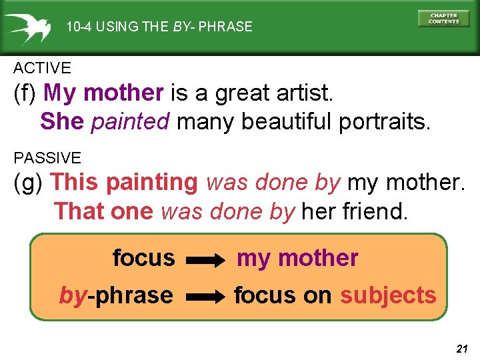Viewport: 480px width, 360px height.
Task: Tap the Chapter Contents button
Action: pyautogui.click(x=443, y=18)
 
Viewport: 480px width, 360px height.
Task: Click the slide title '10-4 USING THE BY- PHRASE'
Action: pyautogui.click(x=159, y=27)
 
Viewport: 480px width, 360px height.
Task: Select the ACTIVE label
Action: pyautogui.click(x=42, y=68)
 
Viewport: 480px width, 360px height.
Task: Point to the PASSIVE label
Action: pyautogui.click(x=47, y=158)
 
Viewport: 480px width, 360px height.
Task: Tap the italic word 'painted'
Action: pyautogui.click(x=131, y=121)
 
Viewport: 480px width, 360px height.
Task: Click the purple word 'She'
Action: pyautogui.click(x=62, y=121)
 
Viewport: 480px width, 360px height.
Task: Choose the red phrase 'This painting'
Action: pyautogui.click(x=124, y=182)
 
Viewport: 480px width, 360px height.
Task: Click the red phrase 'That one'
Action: pyautogui.click(x=105, y=211)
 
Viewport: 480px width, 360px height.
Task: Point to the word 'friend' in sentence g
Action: pyautogui.click(x=376, y=211)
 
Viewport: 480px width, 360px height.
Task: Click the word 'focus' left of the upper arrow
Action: pyautogui.click(x=143, y=257)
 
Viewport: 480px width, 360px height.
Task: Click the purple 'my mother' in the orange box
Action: pyautogui.click(x=297, y=258)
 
